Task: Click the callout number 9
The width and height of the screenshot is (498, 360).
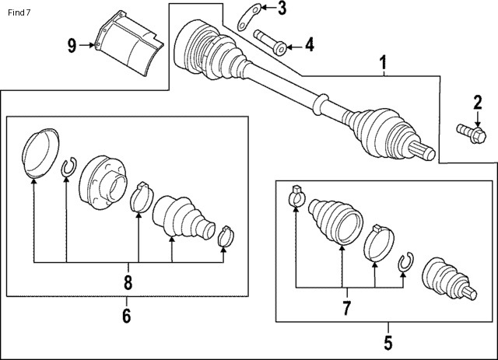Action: coord(72,46)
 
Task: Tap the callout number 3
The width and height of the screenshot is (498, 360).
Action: coord(282,9)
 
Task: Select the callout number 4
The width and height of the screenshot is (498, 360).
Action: coord(310,44)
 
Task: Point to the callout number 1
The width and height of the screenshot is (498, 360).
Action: coord(384,62)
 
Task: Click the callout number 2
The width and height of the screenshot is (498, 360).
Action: coord(477,102)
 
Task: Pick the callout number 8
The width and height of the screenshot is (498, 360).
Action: coord(128,282)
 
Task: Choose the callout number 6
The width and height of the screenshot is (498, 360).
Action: coord(126,316)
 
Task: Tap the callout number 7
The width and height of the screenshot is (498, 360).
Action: coord(346,308)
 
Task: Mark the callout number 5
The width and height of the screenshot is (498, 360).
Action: coord(388,343)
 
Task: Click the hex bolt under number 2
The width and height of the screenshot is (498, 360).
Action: coord(472,134)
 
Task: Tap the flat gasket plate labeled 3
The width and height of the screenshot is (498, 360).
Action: coord(249,17)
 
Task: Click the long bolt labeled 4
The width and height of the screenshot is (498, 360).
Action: coord(270,42)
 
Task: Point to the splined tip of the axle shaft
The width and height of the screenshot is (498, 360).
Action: coord(422,151)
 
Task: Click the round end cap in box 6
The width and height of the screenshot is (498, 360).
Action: coord(40,153)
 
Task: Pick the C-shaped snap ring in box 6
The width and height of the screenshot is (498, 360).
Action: coord(69,167)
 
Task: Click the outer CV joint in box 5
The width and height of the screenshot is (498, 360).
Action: coord(449,279)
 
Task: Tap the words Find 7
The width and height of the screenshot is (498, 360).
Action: coord(19,12)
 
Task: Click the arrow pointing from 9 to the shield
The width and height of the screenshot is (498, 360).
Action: coord(87,45)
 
